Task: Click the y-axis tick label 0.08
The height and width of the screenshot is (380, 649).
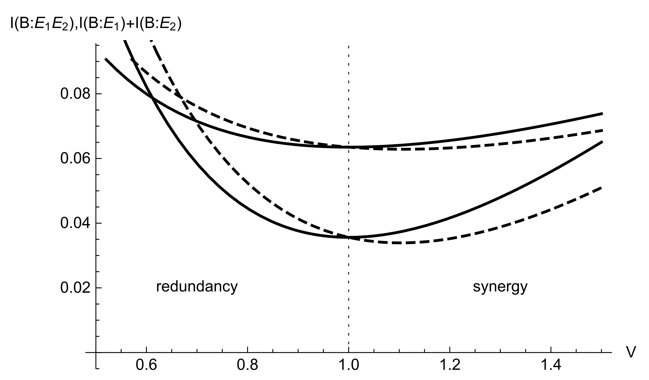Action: click(75, 94)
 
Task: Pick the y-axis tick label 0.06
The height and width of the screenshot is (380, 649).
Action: click(75, 159)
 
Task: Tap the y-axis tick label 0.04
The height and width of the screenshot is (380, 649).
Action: click(75, 224)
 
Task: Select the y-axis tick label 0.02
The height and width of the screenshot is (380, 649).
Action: click(75, 288)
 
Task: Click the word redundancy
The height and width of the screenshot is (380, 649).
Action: click(197, 287)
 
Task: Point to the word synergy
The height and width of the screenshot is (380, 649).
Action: click(500, 287)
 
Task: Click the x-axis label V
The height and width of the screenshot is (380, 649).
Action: click(629, 353)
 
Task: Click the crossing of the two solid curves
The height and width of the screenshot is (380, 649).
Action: click(153, 98)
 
